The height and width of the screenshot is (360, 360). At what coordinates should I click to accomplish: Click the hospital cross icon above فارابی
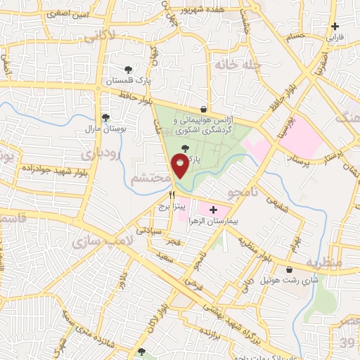tap(335, 26)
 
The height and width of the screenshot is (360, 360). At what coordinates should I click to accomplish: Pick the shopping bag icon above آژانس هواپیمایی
tap(203, 109)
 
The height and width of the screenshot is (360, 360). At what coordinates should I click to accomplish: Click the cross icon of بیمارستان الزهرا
tap(213, 210)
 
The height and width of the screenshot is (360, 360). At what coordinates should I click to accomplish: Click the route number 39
tap(348, 342)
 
